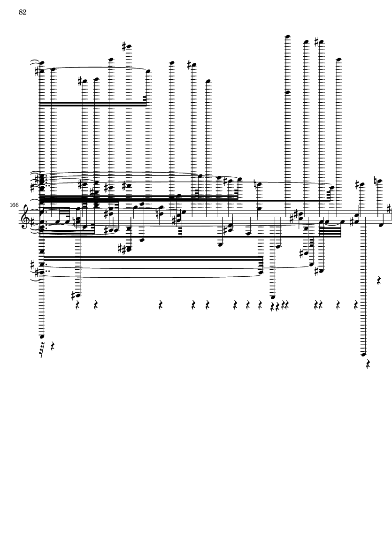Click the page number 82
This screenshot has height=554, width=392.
click(x=23, y=12)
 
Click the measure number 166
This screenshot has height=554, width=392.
click(x=14, y=205)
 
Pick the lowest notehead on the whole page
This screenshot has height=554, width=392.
click(x=363, y=354)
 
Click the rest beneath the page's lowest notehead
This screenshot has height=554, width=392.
click(x=368, y=364)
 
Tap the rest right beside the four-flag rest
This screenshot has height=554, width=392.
click(x=53, y=346)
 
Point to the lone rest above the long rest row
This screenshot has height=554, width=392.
click(x=379, y=281)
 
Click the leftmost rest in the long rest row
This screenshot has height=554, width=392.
click(x=77, y=305)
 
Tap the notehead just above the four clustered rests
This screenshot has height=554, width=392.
click(x=273, y=297)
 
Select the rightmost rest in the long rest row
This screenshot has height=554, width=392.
click(x=356, y=305)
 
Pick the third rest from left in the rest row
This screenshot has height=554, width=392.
click(x=161, y=305)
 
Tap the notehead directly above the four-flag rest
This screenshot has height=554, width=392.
click(x=42, y=336)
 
